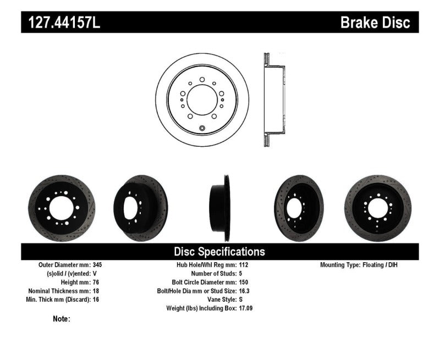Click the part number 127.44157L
[62, 23]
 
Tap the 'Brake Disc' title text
[375, 23]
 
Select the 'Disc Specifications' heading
[219, 252]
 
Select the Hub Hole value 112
[244, 264]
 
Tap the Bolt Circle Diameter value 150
[244, 282]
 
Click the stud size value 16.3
[245, 291]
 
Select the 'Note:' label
[62, 319]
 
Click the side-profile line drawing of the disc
[273, 100]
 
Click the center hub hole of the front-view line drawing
[202, 100]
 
